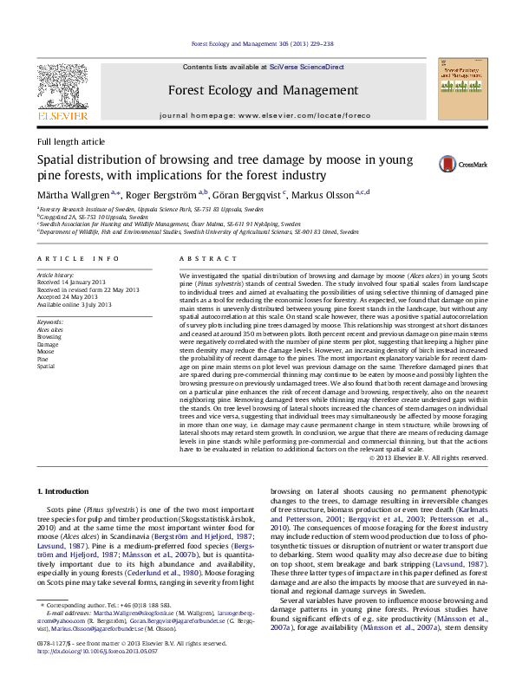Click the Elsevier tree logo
tap(62, 85)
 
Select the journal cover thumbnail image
tap(461, 88)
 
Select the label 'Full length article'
tap(70, 141)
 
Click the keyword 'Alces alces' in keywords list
tap(49, 330)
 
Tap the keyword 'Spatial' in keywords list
tap(45, 367)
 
